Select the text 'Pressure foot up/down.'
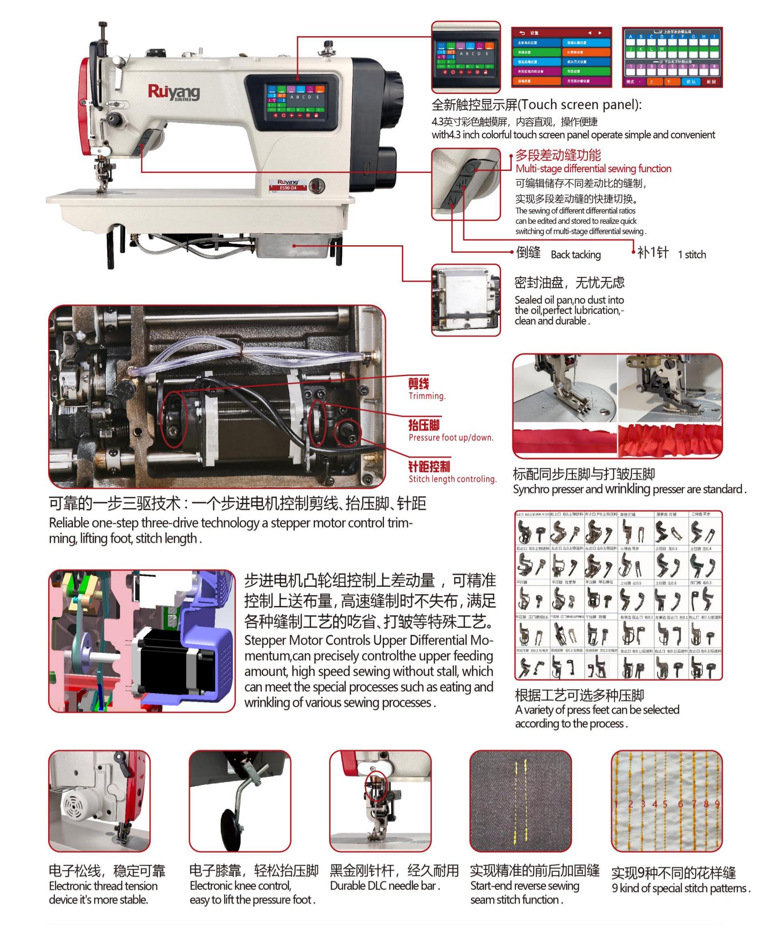pos(451,437)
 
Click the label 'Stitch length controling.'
pos(452,479)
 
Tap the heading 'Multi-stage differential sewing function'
pos(593,169)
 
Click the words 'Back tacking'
pos(575,254)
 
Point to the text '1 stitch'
pos(691,254)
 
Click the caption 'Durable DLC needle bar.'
pos(385,886)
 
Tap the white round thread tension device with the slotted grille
pos(78,804)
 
